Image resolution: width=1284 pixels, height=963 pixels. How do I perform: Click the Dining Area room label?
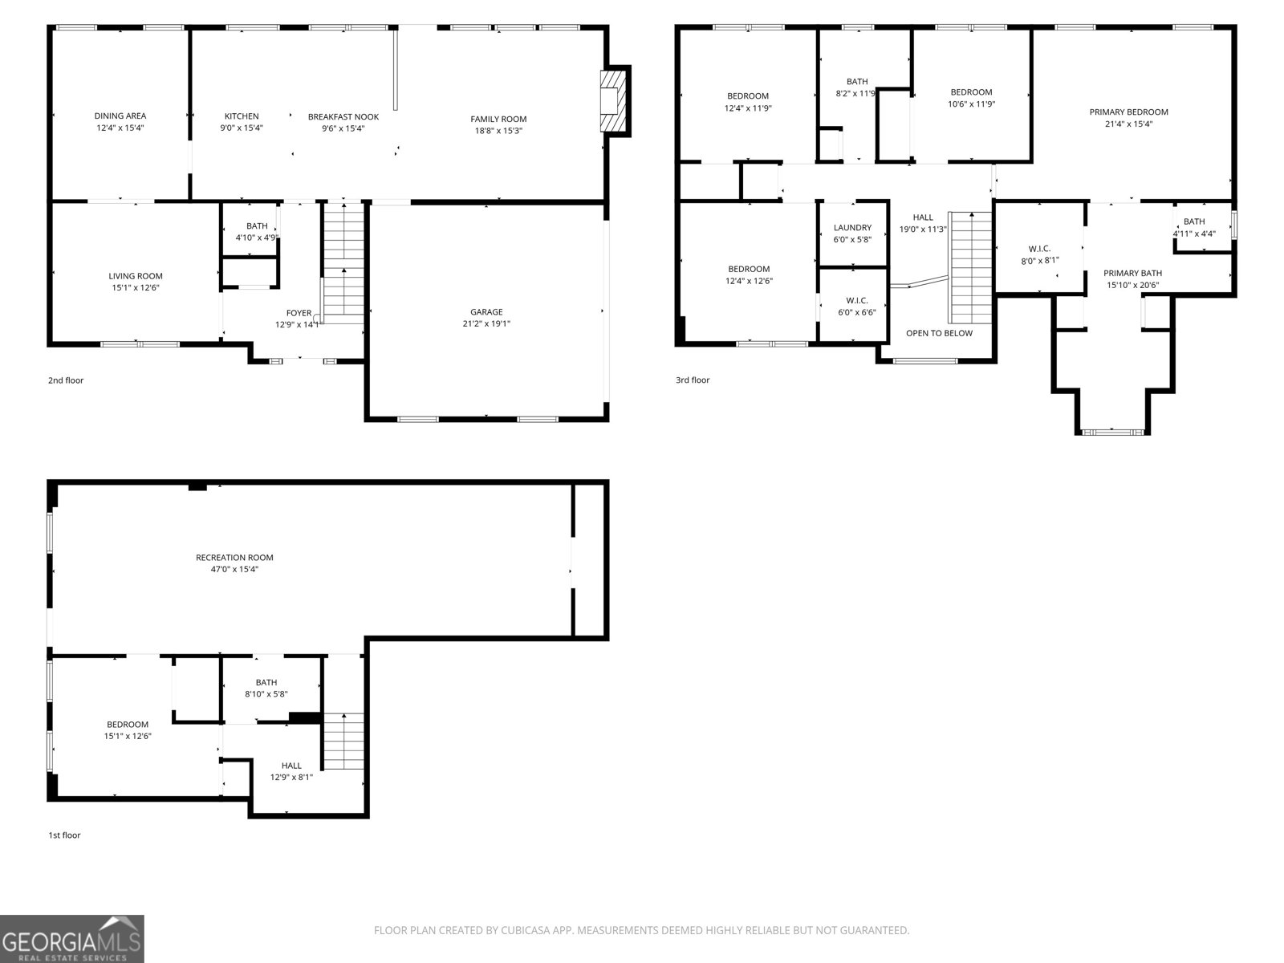pos(120,116)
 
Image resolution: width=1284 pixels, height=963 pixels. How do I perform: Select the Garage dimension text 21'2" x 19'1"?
pos(486,324)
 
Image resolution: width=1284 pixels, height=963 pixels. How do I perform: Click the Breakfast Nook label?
pos(343,116)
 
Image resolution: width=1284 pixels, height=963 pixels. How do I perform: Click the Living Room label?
pos(136,276)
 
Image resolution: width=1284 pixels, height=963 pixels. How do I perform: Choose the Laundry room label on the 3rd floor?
pos(852,228)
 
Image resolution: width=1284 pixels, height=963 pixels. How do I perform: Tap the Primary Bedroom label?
pos(1128,112)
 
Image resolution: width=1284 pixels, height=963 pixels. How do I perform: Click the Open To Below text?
pos(939,333)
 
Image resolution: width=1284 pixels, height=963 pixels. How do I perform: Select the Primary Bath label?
pos(1133,273)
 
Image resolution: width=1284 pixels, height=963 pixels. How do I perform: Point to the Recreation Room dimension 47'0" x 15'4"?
pos(234,570)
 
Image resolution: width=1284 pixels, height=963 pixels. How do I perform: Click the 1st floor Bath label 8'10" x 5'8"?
pos(266,694)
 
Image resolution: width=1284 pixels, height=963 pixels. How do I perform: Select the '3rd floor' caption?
pos(692,380)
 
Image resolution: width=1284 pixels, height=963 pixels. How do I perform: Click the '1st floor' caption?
pos(64,835)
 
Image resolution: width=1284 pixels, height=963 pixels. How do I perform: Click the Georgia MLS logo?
pos(71,939)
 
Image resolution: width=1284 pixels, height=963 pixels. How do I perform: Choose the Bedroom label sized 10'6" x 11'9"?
pos(971,92)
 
